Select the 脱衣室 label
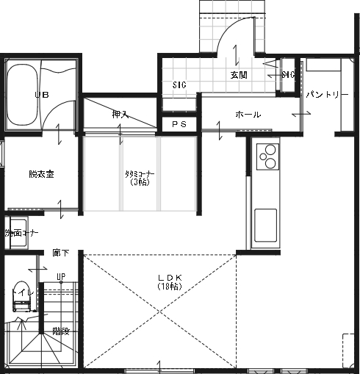pyautogui.click(x=42, y=174)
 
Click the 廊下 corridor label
pyautogui.click(x=60, y=252)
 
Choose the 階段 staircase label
pyautogui.click(x=61, y=331)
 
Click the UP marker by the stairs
pyautogui.click(x=61, y=277)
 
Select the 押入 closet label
pyautogui.click(x=120, y=115)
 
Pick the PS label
pyautogui.click(x=179, y=125)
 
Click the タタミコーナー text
pyautogui.click(x=140, y=173)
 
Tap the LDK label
pyautogui.click(x=164, y=277)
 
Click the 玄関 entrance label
pyautogui.click(x=239, y=75)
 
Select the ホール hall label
pyautogui.click(x=247, y=115)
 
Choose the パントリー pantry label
pyautogui.click(x=323, y=95)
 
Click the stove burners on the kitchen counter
pyautogui.click(x=267, y=156)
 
